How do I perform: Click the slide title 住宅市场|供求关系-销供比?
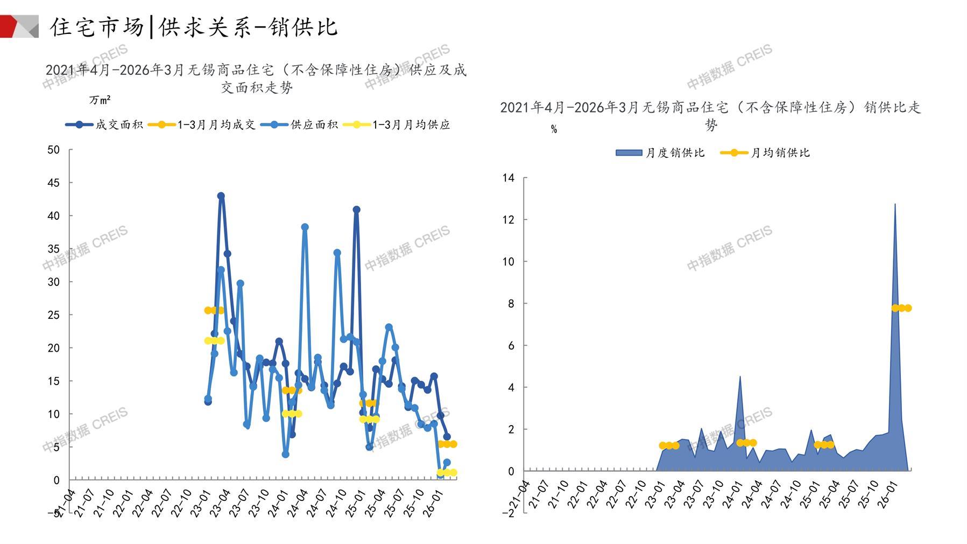pyautogui.click(x=194, y=27)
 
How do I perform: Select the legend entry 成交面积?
pyautogui.click(x=118, y=125)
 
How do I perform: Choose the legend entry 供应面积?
pyautogui.click(x=314, y=125)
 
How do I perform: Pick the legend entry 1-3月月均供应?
pyautogui.click(x=411, y=125)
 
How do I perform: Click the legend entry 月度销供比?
pyautogui.click(x=675, y=153)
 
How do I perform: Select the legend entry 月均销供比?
pyautogui.click(x=780, y=153)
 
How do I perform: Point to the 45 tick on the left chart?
pyautogui.click(x=53, y=183)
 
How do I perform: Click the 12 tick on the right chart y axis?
pyautogui.click(x=508, y=220)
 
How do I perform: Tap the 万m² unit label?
pyautogui.click(x=100, y=100)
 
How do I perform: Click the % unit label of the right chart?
pyautogui.click(x=554, y=130)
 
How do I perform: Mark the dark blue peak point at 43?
pyautogui.click(x=221, y=196)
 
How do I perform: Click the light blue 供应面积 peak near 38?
pyautogui.click(x=305, y=227)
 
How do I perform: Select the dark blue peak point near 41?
pyautogui.click(x=356, y=210)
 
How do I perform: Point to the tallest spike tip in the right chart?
pyautogui.click(x=895, y=204)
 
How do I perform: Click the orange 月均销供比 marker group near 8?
pyautogui.click(x=901, y=308)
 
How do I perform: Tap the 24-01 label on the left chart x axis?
pyautogui.click(x=278, y=503)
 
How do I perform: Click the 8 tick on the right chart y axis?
pyautogui.click(x=511, y=304)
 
